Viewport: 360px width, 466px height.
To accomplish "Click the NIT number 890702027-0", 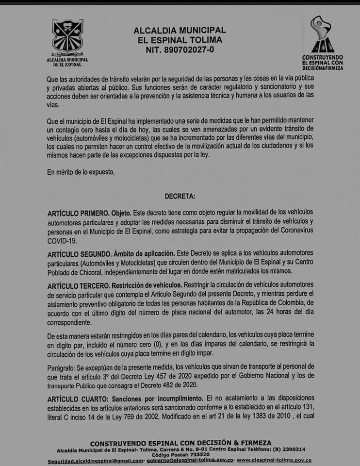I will click(180, 49).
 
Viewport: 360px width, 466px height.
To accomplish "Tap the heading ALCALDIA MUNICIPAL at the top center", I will click(180, 30).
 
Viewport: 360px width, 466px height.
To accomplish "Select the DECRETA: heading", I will click(180, 197).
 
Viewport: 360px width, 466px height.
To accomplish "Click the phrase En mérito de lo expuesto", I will click(81, 171).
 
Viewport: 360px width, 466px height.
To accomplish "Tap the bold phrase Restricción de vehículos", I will click(148, 284).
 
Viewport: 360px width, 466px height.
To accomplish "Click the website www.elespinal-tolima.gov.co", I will click(274, 460).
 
